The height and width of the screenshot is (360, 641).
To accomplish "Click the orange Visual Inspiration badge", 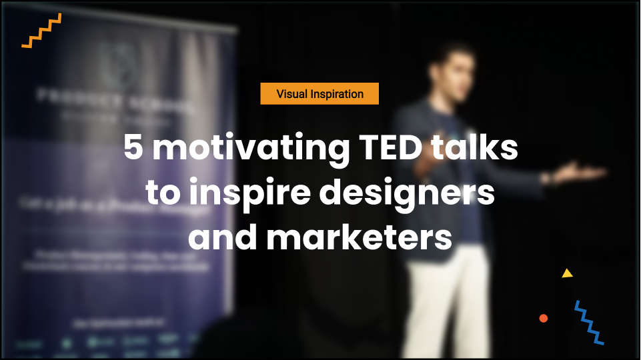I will [319, 94].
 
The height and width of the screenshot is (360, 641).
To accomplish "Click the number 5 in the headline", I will [133, 149].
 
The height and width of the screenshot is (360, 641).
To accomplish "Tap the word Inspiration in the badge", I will [337, 94].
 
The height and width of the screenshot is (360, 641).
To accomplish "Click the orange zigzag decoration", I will [41, 31].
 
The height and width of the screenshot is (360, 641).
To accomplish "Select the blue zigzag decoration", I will [589, 323].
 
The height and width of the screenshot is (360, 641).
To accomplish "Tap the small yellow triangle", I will [567, 273].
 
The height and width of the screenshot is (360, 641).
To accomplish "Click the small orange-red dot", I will [544, 318].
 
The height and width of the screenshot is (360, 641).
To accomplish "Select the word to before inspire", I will [161, 193].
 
